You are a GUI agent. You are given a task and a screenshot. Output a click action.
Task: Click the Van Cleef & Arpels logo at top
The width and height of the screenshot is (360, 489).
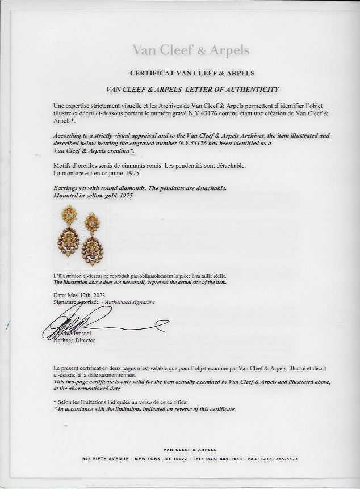191,50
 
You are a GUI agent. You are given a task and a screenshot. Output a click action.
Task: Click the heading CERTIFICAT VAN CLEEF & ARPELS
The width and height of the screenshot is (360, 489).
192,73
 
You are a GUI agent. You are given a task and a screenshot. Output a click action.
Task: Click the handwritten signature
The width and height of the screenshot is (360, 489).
102,325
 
